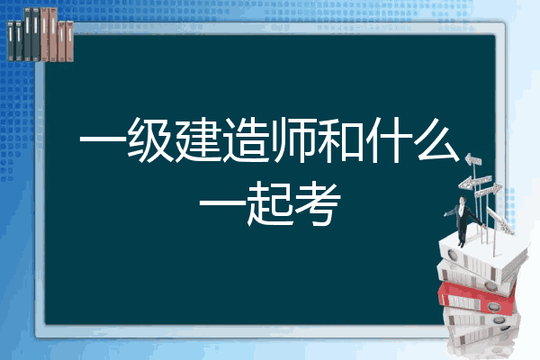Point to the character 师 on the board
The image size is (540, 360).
click(x=293, y=139)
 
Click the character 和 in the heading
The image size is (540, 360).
click(x=340, y=139)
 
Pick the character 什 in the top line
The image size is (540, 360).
click(x=388, y=139)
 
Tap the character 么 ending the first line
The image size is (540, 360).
click(x=437, y=139)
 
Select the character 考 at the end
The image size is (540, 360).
click(x=318, y=204)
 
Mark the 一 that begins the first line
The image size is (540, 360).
click(x=103, y=139)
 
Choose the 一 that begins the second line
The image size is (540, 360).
click(x=222, y=204)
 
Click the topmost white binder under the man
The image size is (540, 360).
click(x=482, y=256)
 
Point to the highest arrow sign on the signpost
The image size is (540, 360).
click(x=473, y=160)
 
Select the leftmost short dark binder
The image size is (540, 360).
click(x=11, y=41)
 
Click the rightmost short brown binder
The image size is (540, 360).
click(x=69, y=41)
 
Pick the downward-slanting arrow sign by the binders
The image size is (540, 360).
click(x=499, y=220)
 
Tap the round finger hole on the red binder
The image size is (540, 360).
click(x=493, y=306)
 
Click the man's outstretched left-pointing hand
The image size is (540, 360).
click(x=445, y=214)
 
